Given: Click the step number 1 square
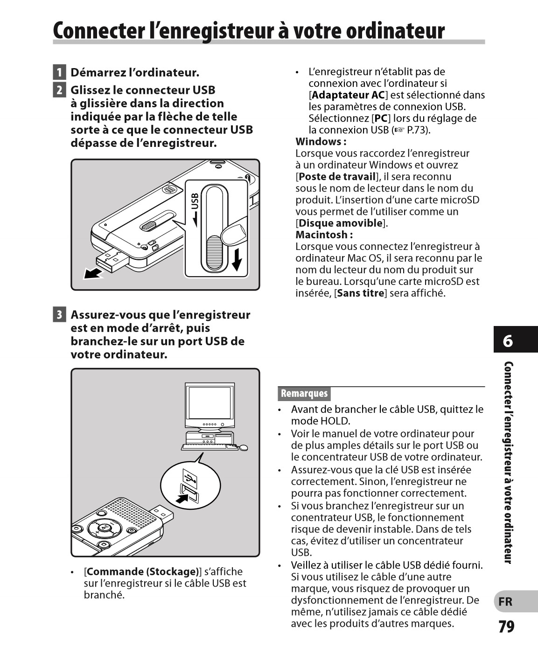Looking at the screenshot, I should pos(59,73).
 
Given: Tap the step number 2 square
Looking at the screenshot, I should pos(59,90).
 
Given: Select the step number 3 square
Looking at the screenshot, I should pos(59,315).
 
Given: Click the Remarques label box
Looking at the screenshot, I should pos(304,394).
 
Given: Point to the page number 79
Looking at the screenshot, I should pos(506,626).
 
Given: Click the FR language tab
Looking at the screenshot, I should pos(505,602).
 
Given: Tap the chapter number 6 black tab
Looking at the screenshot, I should pos(508,341).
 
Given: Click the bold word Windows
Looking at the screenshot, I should pos(319,142).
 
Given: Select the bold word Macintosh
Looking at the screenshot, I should pos(322,235).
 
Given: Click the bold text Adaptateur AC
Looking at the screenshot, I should pos(348,95).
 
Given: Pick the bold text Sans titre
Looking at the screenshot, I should pos(361,293).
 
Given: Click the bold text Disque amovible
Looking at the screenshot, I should pos(340,223).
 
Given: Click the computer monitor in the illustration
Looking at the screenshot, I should pos(210,404).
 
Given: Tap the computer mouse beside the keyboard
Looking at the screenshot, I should pos(243,448).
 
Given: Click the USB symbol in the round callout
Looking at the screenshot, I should pos(189,478).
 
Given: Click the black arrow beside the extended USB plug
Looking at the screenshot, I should pos(93,273).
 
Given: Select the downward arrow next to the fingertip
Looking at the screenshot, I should pos(237,259).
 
